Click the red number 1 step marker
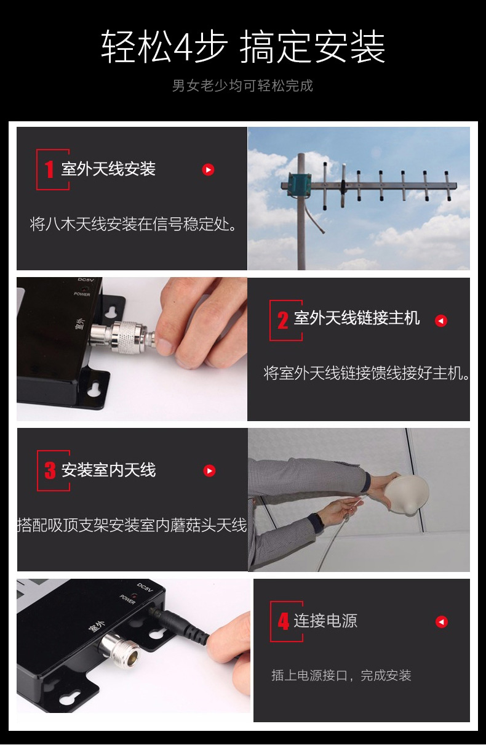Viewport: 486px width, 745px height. click(49, 169)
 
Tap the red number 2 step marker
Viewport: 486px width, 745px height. click(283, 320)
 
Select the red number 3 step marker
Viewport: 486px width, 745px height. click(50, 470)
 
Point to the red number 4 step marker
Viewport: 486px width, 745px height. click(284, 621)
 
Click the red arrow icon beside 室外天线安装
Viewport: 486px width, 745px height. click(208, 169)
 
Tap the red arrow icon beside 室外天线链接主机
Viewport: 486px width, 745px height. click(441, 321)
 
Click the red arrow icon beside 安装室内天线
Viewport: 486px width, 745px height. click(209, 470)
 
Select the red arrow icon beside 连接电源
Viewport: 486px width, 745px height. click(442, 621)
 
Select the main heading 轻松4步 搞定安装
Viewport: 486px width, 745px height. click(243, 46)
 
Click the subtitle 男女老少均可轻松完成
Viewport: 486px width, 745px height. click(242, 86)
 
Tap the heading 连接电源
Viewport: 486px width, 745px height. click(325, 621)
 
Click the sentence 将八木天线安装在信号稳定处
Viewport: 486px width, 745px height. click(133, 224)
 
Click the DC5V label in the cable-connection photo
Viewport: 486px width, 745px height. click(86, 280)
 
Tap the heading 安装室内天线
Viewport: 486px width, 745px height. click(109, 470)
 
